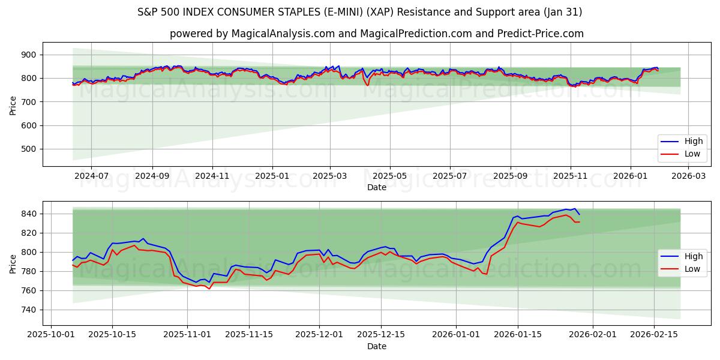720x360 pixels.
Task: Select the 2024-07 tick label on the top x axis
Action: (91, 176)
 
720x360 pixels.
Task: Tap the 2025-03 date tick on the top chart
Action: (329, 176)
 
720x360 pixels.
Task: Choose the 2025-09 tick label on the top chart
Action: (511, 176)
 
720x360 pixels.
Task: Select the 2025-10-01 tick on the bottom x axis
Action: (50, 335)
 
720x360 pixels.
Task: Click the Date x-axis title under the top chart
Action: (377, 188)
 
